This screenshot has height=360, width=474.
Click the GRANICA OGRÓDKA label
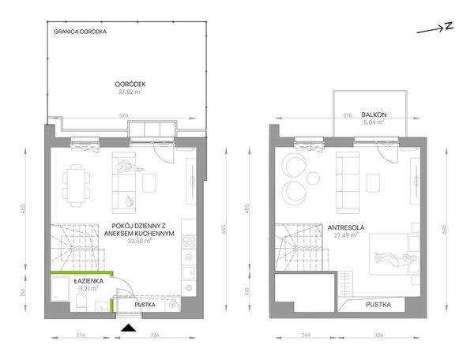point(80,32)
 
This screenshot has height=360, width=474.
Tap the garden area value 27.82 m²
point(130,92)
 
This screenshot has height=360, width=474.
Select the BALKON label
point(374,114)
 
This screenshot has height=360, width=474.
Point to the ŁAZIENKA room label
point(88,281)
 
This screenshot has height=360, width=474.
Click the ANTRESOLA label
point(346,227)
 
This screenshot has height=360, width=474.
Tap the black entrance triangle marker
point(128,328)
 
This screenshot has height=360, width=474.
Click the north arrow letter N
point(449,26)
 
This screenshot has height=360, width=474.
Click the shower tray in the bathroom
point(61,290)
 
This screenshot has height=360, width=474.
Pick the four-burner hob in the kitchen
point(189,242)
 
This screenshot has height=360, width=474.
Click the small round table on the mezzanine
point(313,178)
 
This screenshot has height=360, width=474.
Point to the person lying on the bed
point(396,259)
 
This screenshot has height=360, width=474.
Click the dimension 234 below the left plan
point(80,335)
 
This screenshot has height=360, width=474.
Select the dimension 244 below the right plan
point(306,335)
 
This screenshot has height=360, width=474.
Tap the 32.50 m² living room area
point(140,241)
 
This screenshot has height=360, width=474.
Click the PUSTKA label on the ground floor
point(145,305)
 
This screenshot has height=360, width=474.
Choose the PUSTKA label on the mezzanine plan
point(378,305)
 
